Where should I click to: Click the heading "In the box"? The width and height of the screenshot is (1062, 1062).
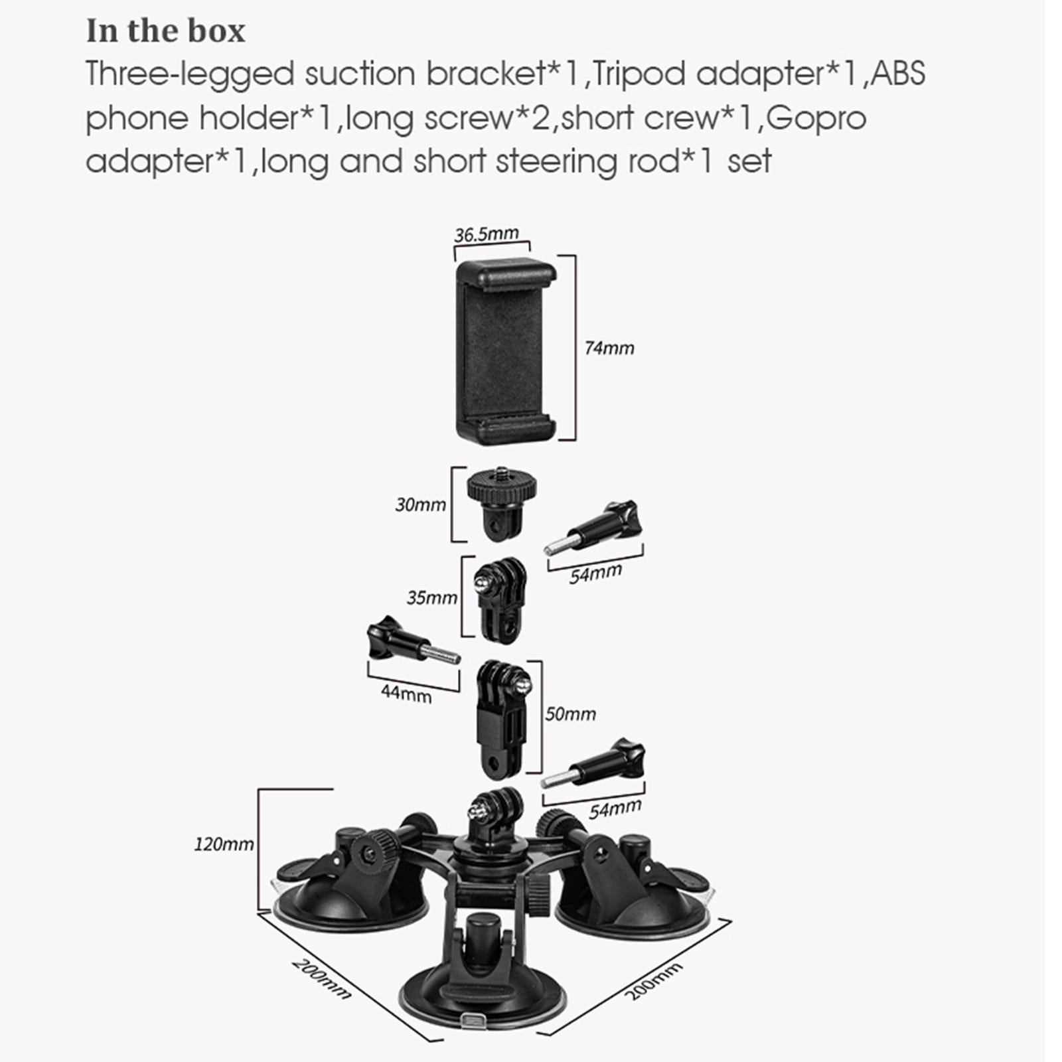click(165, 31)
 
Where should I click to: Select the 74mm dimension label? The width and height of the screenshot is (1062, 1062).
click(609, 348)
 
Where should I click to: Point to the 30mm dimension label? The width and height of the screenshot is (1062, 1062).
click(421, 504)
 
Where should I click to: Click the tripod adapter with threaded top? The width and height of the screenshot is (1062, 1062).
click(502, 501)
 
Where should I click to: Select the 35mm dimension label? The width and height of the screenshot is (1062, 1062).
click(432, 597)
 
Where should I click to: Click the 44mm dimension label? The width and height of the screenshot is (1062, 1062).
click(406, 693)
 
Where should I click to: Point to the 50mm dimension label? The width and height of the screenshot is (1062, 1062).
click(571, 714)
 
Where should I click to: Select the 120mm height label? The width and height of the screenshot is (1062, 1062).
click(224, 844)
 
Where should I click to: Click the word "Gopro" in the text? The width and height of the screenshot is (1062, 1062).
click(819, 118)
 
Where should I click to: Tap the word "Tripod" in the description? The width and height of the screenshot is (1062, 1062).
click(638, 74)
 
